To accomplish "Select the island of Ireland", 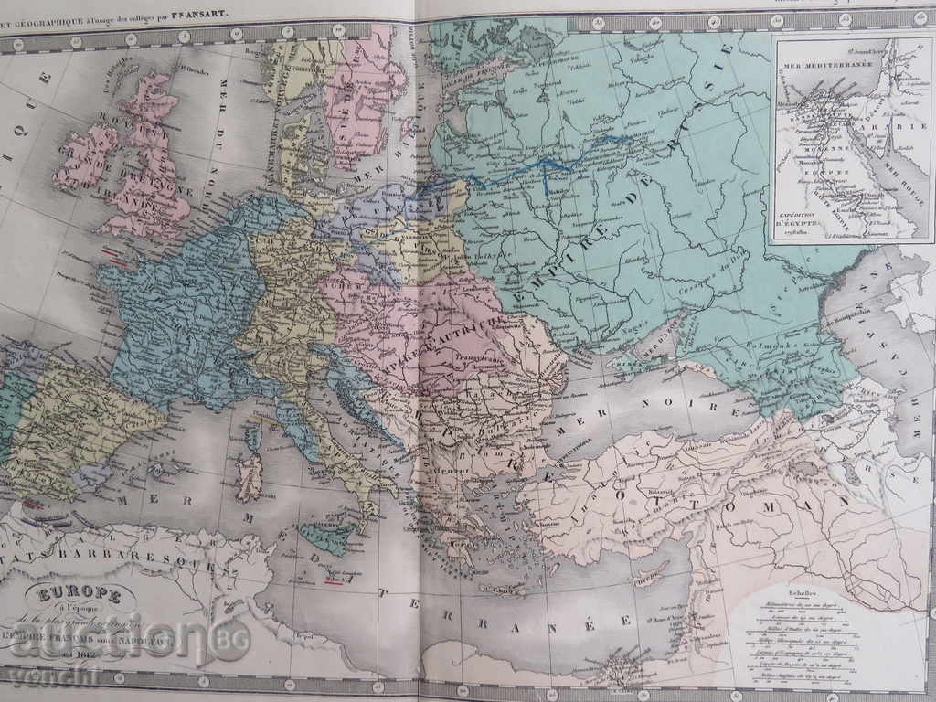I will pos(84,158).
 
